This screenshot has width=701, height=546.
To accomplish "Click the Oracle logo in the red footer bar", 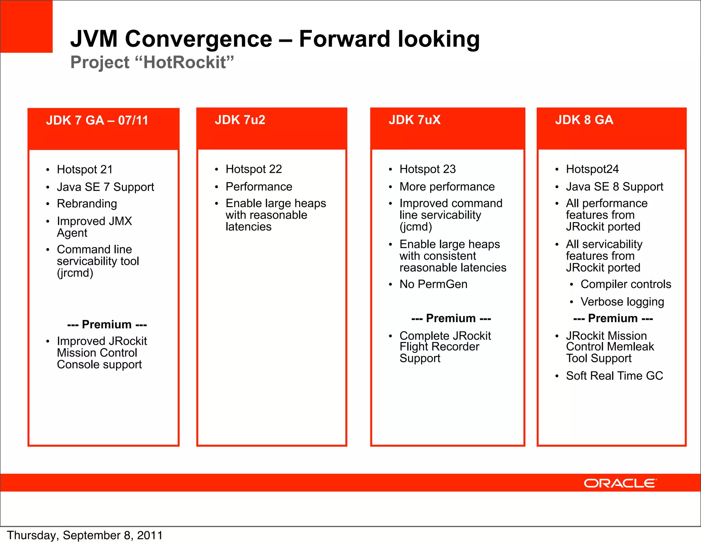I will coord(620,483).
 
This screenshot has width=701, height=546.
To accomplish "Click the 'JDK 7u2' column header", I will coord(240,120).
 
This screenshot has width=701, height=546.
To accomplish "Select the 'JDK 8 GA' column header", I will coord(584,120).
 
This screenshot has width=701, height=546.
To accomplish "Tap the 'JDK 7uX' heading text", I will coord(415,120).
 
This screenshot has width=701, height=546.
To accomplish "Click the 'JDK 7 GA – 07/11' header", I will coord(97,121).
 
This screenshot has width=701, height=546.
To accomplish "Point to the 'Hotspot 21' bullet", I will coord(85,169).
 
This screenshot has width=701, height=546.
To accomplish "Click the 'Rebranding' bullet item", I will coord(87,204).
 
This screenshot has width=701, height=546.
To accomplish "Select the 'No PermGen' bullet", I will coord(433,284).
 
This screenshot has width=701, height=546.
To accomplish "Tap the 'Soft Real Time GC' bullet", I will coord(614,376).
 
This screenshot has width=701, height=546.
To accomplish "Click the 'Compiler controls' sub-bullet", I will coord(626,284).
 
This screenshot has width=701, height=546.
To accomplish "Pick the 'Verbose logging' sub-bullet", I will coord(622,302).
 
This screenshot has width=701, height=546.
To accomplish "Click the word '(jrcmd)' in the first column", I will coord(75,273).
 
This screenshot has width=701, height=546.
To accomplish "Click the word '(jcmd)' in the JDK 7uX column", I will coord(416,227).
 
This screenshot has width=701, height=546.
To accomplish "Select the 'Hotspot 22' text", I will coord(254,169).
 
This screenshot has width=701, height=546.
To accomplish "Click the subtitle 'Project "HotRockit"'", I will coord(152,62).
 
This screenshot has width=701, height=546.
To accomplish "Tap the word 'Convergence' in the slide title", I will coord(199,39).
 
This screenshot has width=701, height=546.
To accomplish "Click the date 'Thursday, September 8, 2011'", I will coord(85,535).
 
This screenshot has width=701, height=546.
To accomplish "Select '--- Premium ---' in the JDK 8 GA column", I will coord(613,318).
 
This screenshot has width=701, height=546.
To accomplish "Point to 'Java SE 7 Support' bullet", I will coord(105,187).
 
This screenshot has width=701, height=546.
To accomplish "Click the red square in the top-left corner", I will coord(26,26).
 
